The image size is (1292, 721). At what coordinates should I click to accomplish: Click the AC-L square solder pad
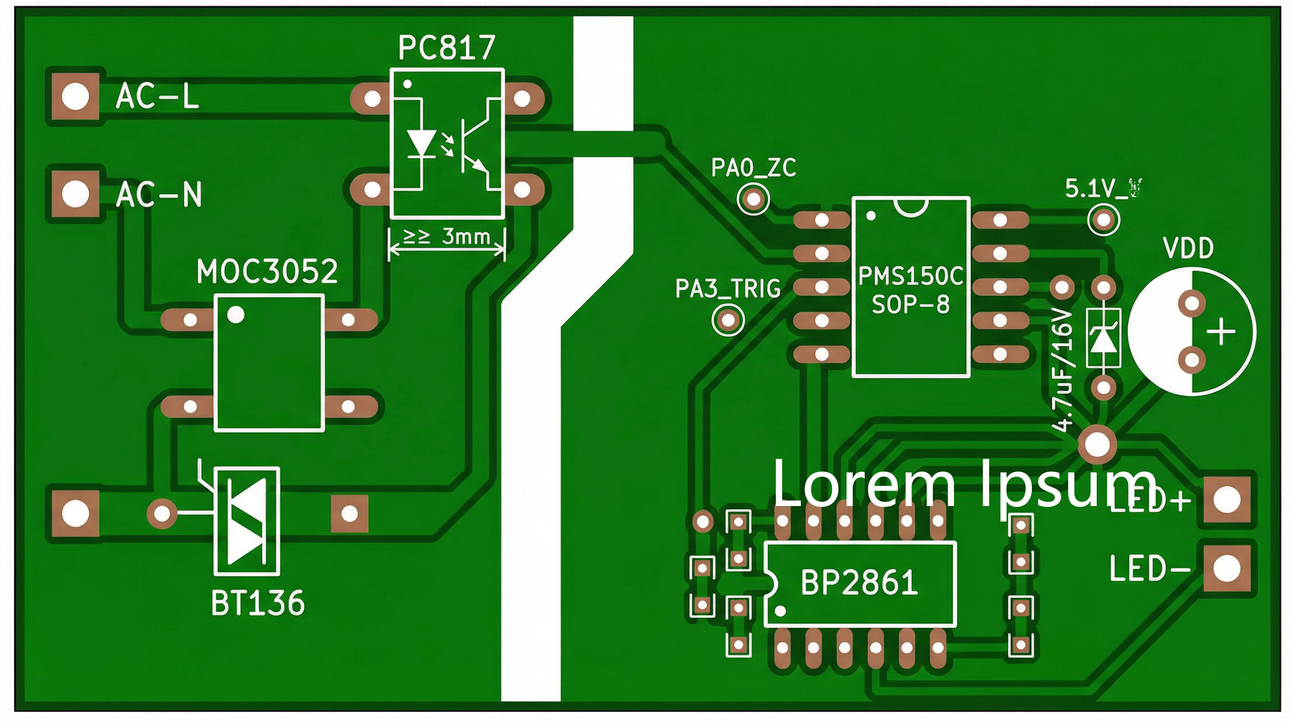[75, 96]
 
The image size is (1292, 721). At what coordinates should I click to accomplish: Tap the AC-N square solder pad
[75, 193]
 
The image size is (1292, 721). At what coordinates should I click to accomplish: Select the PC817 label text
[446, 48]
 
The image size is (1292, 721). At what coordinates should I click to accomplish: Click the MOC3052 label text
[267, 272]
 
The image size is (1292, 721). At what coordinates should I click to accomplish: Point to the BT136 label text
[257, 603]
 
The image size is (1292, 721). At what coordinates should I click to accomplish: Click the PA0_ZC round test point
[753, 199]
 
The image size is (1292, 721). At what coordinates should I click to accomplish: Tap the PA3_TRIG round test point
[728, 320]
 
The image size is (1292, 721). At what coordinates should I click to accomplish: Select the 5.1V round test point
[1103, 220]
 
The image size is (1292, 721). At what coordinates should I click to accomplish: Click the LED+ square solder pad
[1227, 499]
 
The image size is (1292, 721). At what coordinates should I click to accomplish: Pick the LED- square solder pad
[1227, 568]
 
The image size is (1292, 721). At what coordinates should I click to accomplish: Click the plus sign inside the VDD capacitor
[1220, 332]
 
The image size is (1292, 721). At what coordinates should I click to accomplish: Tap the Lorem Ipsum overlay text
[963, 483]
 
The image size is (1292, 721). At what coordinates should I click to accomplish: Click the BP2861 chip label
[859, 583]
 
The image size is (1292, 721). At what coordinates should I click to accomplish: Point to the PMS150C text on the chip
[910, 276]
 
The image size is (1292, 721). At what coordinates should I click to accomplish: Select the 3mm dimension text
[465, 236]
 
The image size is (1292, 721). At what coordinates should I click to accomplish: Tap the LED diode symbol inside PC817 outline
[420, 145]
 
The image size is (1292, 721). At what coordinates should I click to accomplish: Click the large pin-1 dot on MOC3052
[236, 315]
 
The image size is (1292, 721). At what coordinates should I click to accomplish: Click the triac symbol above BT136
[247, 522]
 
